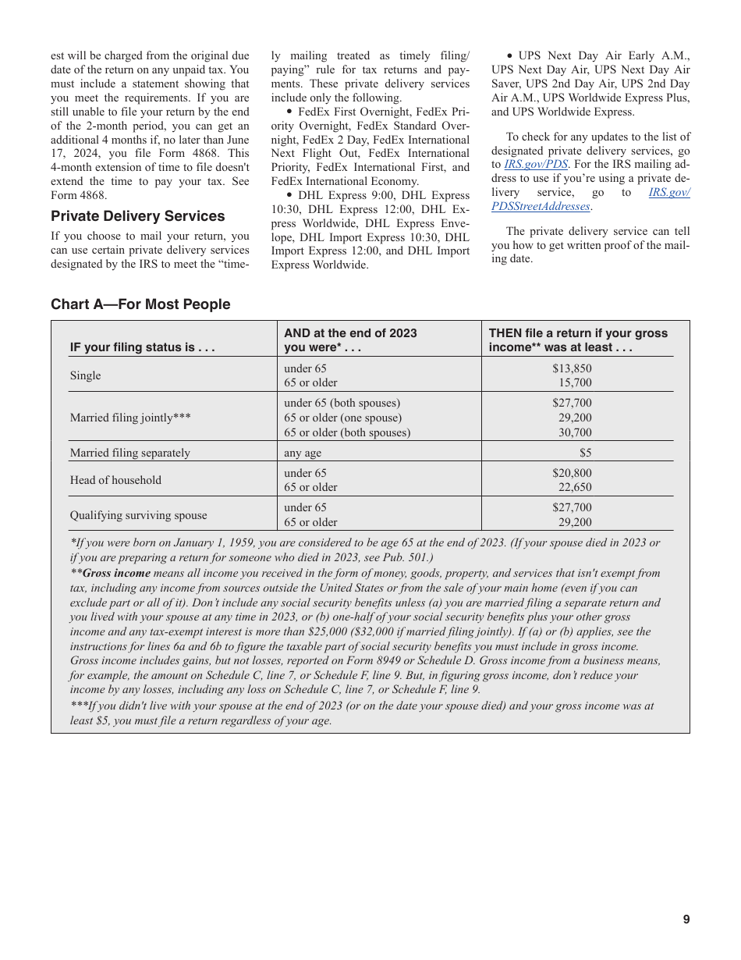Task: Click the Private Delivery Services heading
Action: coord(137,216)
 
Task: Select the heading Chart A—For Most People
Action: coord(140,304)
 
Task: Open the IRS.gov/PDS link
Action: coord(535,165)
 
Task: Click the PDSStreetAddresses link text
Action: coord(541,206)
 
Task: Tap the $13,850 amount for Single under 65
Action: coord(572,368)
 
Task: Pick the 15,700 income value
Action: coord(575,382)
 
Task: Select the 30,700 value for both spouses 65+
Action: coord(575,432)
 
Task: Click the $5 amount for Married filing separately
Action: coord(585,453)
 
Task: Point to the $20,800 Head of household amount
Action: coord(572,473)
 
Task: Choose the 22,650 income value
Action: coord(575,487)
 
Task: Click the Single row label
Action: coord(86,375)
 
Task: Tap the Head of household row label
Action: coord(115,480)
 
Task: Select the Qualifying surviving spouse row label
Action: coord(139,515)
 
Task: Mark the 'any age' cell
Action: coord(303,453)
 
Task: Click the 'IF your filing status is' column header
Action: coord(142,347)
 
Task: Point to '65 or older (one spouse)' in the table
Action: coord(343,418)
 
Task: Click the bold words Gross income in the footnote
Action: coord(116,573)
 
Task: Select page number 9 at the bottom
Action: coord(686,919)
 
